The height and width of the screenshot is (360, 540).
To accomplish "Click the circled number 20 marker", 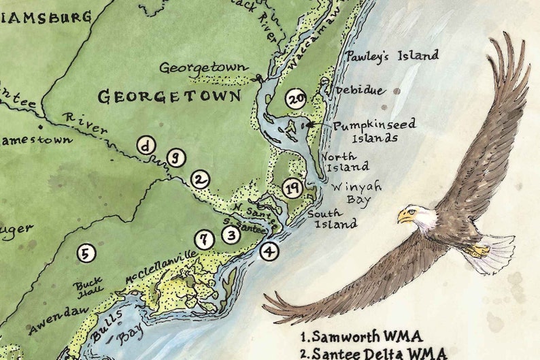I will (296, 99).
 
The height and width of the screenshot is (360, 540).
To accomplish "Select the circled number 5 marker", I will (85, 254).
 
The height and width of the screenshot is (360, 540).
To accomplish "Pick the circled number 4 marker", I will (270, 251).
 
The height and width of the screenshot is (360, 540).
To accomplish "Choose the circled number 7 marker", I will (203, 240).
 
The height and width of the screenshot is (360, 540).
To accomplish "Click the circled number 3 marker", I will (232, 235).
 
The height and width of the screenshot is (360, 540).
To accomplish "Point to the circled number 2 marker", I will (199, 180).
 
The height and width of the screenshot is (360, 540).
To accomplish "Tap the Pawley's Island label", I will (391, 56).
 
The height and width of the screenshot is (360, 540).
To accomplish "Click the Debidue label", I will (359, 91).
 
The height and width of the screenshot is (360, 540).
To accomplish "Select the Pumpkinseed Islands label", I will (373, 131).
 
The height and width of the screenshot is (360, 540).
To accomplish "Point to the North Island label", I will (345, 161).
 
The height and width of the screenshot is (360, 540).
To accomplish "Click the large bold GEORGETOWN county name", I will (169, 97).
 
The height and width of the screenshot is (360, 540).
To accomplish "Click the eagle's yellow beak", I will (405, 217).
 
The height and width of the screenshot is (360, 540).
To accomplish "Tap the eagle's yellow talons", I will (477, 251).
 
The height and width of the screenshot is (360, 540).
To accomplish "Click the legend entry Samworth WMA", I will (361, 337).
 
